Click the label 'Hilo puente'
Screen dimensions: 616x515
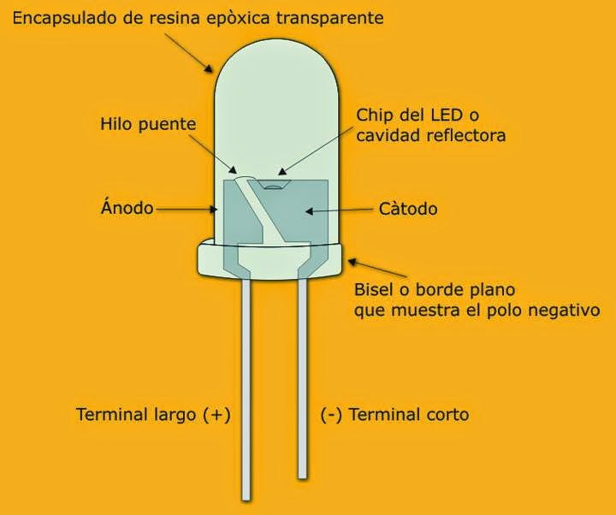click(148, 124)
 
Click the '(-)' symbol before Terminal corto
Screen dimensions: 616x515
click(333, 415)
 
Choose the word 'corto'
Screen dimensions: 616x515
click(447, 415)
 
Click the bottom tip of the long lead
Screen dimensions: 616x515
click(246, 496)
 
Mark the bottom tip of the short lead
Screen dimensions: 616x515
click(302, 475)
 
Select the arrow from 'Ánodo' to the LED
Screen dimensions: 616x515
click(188, 208)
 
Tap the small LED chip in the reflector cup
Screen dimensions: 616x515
click(273, 183)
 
